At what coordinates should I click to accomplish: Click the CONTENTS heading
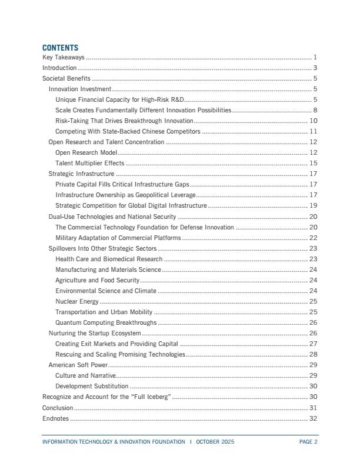click(60, 48)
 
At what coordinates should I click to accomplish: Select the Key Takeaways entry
click(64, 58)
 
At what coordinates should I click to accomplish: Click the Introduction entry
click(59, 68)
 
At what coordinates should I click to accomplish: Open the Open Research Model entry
click(86, 152)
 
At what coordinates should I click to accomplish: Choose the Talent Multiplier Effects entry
click(89, 163)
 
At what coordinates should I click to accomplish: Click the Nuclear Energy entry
click(77, 301)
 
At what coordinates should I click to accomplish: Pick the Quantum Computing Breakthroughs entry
click(106, 322)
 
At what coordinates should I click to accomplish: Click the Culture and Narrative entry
click(85, 375)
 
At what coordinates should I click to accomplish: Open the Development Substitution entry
click(92, 386)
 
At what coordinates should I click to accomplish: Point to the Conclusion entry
click(58, 408)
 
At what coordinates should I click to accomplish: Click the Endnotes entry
click(55, 418)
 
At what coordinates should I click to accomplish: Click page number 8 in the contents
click(315, 110)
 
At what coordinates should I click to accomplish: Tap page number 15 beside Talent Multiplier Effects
click(314, 163)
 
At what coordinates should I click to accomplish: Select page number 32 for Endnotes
click(314, 418)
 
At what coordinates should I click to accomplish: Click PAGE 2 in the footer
click(308, 442)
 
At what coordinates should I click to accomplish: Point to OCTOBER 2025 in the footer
click(215, 442)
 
